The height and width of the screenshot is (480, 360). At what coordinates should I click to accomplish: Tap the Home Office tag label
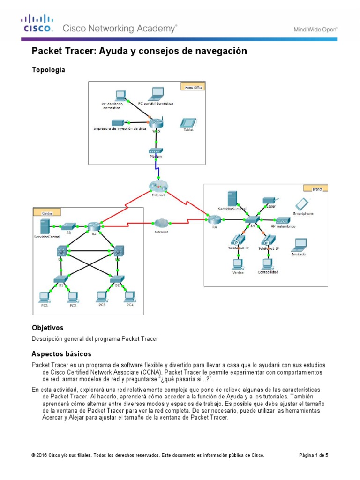click(193, 87)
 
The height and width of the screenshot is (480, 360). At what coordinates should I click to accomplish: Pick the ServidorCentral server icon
click(45, 227)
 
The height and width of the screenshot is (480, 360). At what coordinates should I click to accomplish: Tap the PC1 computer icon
click(45, 296)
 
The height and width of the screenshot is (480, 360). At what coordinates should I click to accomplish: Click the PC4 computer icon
click(129, 296)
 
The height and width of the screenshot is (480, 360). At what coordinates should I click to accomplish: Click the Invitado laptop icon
click(299, 244)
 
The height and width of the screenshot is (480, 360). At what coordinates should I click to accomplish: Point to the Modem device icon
click(156, 151)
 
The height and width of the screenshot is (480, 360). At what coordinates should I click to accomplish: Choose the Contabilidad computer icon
click(267, 263)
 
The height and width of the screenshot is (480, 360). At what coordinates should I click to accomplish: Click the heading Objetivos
click(47, 328)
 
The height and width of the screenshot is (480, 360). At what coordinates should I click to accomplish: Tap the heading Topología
click(48, 70)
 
